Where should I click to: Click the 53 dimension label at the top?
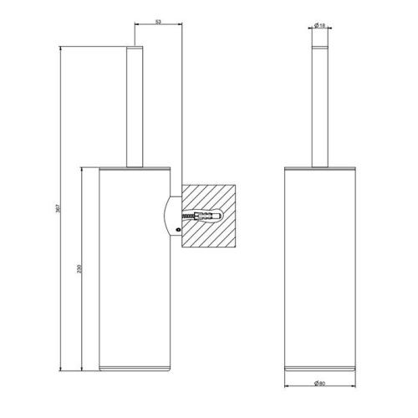tap(159, 23)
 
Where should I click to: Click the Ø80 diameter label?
tap(321, 384)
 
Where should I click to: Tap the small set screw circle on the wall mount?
tap(178, 228)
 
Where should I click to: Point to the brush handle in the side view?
tap(135, 109)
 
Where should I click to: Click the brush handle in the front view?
tap(321, 109)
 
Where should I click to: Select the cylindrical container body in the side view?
tap(135, 268)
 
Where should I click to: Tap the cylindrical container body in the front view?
tap(321, 268)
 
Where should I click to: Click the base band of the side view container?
tap(135, 368)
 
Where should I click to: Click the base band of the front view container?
tap(321, 368)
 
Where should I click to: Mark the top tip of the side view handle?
tap(135, 48)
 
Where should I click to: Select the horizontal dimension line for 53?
tap(159, 28)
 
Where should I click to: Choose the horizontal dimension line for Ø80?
tap(321, 390)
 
